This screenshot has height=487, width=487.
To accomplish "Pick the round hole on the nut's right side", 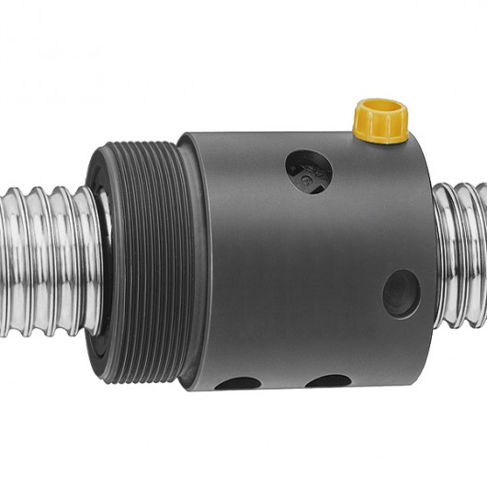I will click(402, 294).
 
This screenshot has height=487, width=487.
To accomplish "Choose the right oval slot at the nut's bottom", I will click(328, 380).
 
